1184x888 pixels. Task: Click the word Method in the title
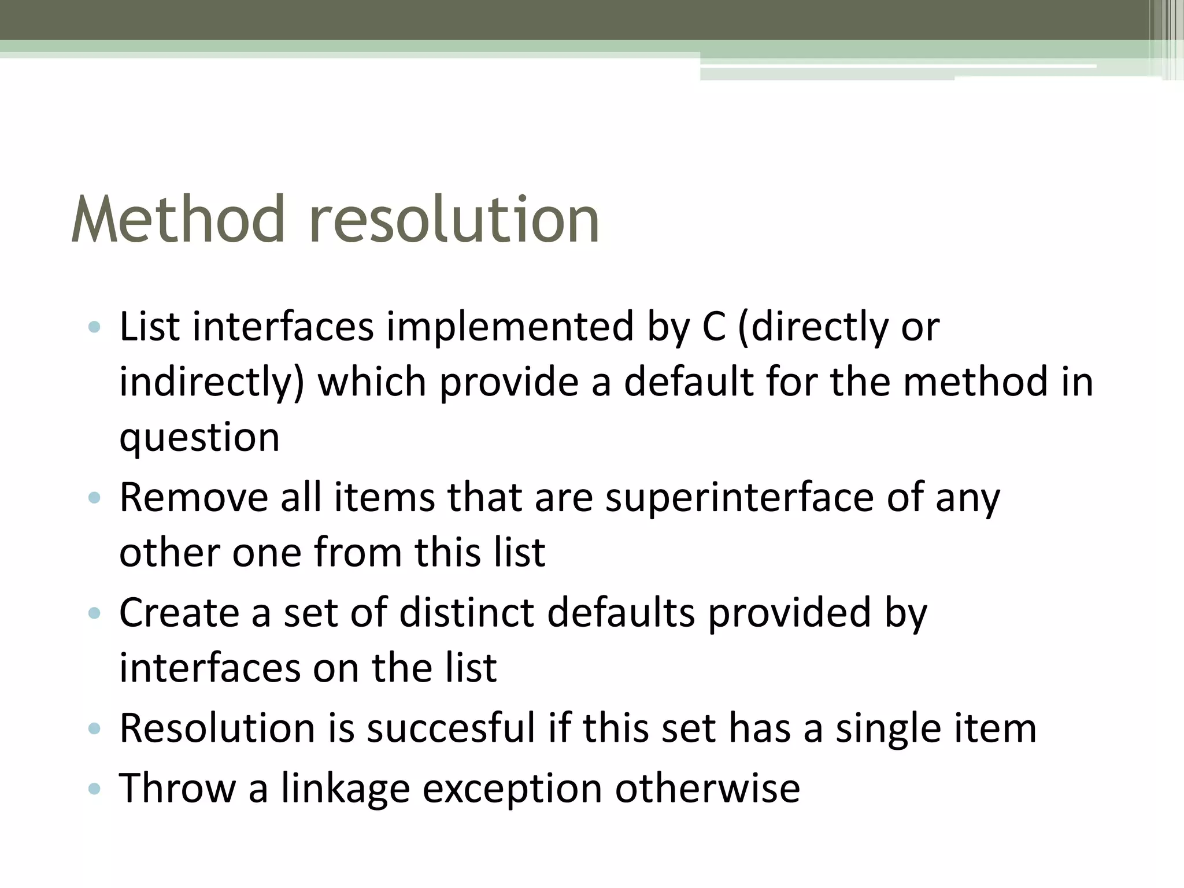[x=178, y=220]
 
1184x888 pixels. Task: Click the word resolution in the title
[x=454, y=220]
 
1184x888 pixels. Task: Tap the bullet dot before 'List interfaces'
[x=94, y=328]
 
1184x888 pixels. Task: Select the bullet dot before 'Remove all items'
[x=94, y=498]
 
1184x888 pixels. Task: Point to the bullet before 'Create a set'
[x=94, y=613]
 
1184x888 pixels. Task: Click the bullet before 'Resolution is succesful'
[x=94, y=728]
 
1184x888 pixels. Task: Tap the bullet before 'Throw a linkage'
[x=94, y=788]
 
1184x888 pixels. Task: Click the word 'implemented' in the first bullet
[x=510, y=327]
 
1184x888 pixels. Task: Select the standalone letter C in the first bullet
[x=713, y=327]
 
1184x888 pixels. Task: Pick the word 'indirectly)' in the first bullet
[x=212, y=383]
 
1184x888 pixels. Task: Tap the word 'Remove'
[x=194, y=497]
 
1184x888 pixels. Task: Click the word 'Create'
[x=179, y=612]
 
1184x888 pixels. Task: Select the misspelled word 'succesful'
[x=451, y=728]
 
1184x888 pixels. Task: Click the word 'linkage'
[x=345, y=789]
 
